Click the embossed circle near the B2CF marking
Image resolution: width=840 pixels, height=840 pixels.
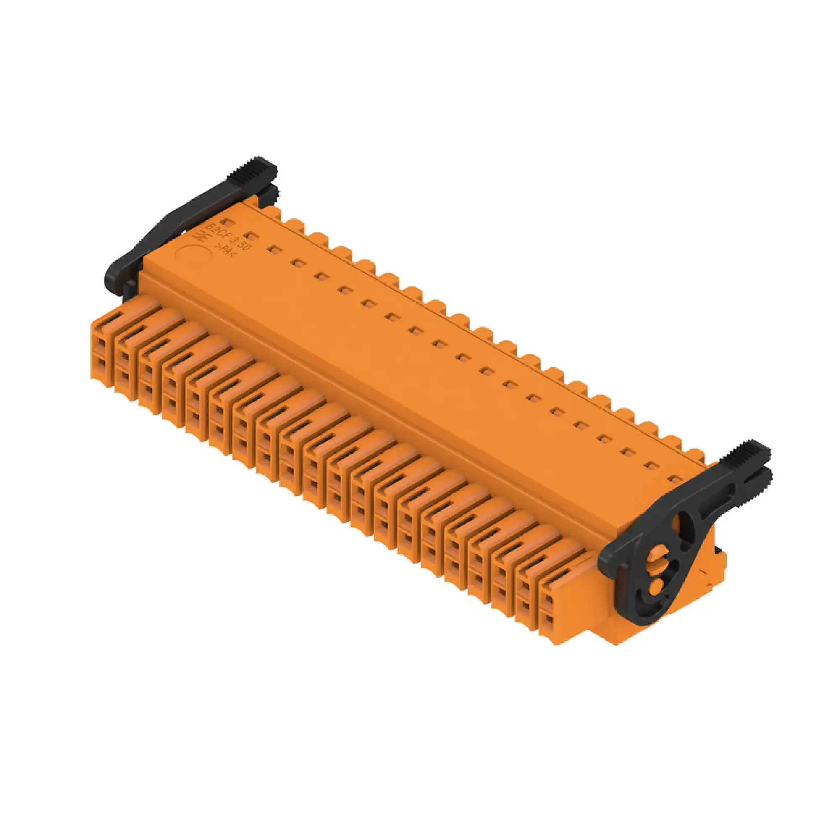click(x=194, y=257)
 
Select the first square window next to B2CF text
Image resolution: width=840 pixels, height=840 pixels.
click(x=229, y=222)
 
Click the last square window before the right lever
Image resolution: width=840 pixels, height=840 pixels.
click(x=675, y=480)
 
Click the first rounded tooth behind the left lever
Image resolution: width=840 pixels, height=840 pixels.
click(x=270, y=210)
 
